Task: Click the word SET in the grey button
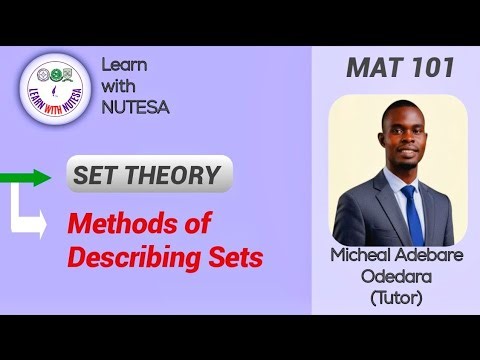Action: pyautogui.click(x=98, y=176)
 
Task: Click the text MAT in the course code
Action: pyautogui.click(x=373, y=68)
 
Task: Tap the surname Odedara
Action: pyautogui.click(x=397, y=276)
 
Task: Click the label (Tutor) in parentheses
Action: pyautogui.click(x=397, y=297)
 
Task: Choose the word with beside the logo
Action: pyautogui.click(x=120, y=86)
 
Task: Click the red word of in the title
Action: pyautogui.click(x=218, y=225)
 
